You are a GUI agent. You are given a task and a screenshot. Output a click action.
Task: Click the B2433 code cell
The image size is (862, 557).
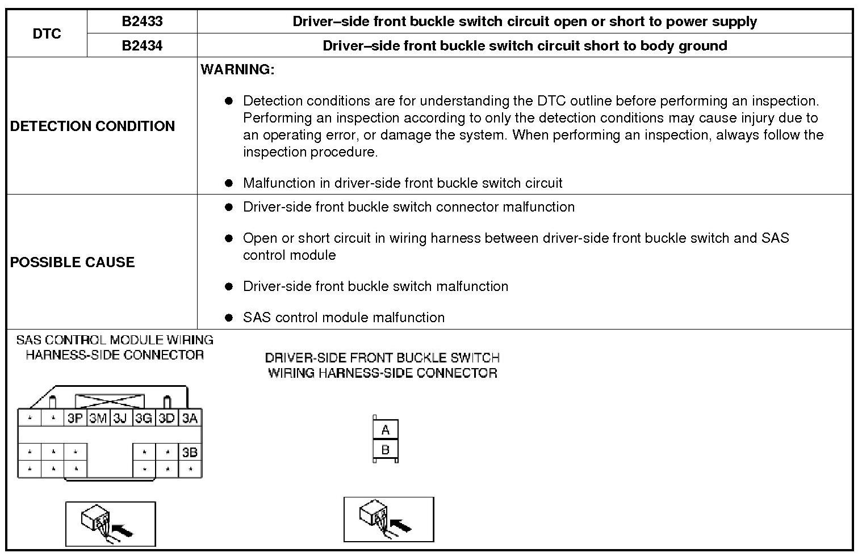[x=142, y=22]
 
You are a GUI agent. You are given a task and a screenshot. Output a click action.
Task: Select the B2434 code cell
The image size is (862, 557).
[x=142, y=45]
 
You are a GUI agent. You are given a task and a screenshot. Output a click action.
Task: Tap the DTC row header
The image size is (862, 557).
[x=47, y=33]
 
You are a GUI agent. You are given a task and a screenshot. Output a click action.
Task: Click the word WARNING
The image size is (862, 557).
[x=237, y=70]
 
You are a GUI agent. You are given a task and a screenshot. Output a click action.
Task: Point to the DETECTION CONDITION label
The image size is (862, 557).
[x=93, y=126]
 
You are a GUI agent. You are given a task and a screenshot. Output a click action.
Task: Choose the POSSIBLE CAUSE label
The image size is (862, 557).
[x=73, y=262]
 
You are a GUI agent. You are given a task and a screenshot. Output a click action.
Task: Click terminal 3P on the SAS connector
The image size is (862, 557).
[x=75, y=419]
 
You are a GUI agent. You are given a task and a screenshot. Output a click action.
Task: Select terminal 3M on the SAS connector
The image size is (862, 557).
[x=98, y=419]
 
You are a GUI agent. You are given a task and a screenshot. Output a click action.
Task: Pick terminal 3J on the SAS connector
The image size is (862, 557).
[x=120, y=419]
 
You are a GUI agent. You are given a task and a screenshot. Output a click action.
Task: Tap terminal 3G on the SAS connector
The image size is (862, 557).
[x=143, y=419]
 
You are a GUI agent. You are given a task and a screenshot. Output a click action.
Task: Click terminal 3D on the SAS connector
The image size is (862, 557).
[x=166, y=419]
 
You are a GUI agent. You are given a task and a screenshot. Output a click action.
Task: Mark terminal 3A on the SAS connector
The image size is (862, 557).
[x=190, y=419]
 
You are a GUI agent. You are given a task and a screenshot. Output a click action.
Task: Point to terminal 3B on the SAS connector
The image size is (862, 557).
[x=190, y=453]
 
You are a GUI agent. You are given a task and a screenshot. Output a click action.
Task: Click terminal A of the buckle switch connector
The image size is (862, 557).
[x=386, y=430]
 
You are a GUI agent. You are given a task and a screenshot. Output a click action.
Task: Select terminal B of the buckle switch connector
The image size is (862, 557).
[x=386, y=450]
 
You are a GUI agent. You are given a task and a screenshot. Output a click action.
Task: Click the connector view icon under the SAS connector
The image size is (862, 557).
[x=110, y=524]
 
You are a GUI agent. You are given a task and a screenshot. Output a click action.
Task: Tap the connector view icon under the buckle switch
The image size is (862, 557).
[x=388, y=519]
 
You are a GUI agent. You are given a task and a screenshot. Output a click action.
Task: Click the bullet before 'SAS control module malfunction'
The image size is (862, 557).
[x=229, y=318]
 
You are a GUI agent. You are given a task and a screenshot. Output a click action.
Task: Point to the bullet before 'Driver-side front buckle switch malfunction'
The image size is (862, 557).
[x=229, y=286]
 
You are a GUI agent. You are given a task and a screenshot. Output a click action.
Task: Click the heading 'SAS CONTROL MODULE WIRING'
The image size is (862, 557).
[x=115, y=340]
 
